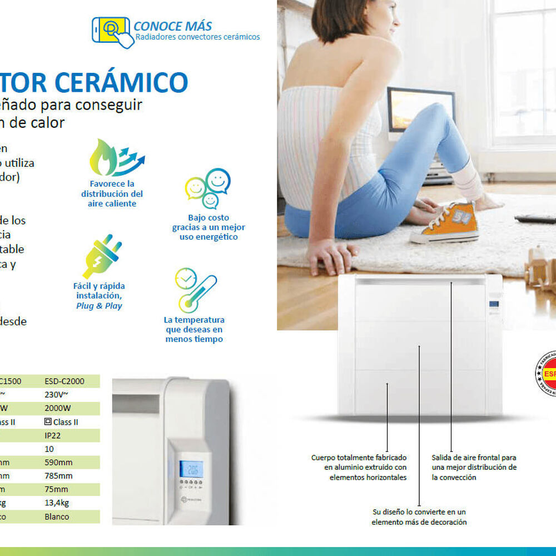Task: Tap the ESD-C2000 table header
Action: click(x=64, y=381)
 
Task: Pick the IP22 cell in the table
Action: click(x=53, y=435)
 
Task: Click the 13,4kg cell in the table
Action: click(x=57, y=503)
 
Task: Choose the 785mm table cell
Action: click(x=58, y=476)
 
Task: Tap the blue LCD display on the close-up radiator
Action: click(x=191, y=468)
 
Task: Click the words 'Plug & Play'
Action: click(x=99, y=306)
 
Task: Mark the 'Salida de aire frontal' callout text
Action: click(x=474, y=467)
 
